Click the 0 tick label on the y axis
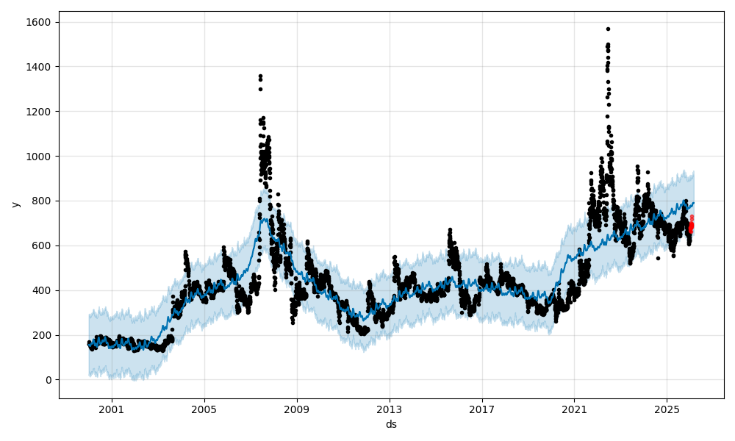pyautogui.click(x=49, y=380)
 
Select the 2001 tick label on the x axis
pyautogui.click(x=112, y=409)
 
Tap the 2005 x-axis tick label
pyautogui.click(x=204, y=409)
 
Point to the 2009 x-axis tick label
pyautogui.click(x=297, y=409)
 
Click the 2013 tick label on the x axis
pyautogui.click(x=390, y=409)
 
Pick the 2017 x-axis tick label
pyautogui.click(x=482, y=409)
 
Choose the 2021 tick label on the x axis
pyautogui.click(x=575, y=409)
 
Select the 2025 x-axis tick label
pyautogui.click(x=667, y=409)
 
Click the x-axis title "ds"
pyautogui.click(x=391, y=424)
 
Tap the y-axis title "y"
pyautogui.click(x=15, y=204)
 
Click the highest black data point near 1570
pyautogui.click(x=608, y=29)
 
